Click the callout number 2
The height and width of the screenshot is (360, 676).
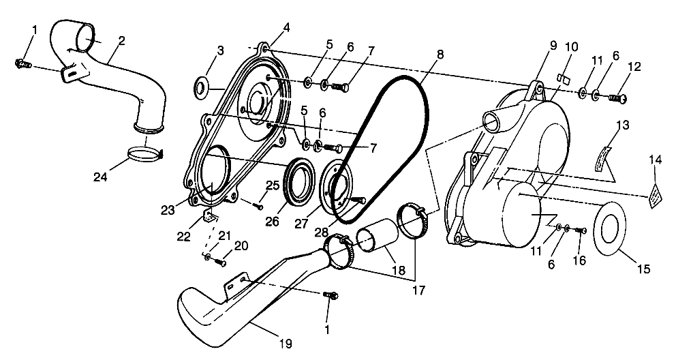pos(121,41)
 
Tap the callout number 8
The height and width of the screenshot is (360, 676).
pos(440,55)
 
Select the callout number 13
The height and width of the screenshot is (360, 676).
pos(623,125)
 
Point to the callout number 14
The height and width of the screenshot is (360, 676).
pos(656,160)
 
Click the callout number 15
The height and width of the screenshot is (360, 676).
pos(643,269)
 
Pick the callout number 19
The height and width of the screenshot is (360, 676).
pos(286,344)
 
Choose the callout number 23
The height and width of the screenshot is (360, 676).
pos(168,210)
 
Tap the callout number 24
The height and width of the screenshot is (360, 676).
pos(100,177)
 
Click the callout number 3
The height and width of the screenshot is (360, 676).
pos(220,51)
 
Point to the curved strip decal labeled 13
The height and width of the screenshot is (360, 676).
pos(604,160)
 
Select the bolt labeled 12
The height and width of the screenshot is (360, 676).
pos(618,99)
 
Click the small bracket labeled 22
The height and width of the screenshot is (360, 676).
pos(210,215)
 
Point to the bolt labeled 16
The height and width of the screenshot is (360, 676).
pos(581,230)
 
